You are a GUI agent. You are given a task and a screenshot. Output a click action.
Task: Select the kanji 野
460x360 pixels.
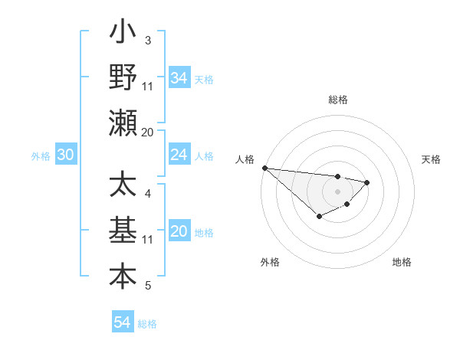123,77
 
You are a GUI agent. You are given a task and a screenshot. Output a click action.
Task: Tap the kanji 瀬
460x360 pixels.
123,123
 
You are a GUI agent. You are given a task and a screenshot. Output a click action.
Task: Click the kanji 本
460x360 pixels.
123,277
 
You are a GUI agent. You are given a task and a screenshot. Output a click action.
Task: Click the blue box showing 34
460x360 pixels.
179,78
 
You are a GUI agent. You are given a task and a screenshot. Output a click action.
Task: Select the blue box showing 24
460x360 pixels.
179,155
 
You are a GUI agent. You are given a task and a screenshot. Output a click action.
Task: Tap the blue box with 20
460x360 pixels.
179,231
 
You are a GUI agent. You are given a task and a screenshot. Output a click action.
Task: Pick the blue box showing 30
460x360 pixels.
65,155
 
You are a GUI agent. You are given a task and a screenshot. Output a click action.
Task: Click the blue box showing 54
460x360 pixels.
122,322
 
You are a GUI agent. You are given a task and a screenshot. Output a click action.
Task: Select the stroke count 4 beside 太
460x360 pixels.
148,194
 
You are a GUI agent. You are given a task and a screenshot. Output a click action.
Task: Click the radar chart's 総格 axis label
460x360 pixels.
337,100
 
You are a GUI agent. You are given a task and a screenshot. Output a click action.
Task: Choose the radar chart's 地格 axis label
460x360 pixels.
402,262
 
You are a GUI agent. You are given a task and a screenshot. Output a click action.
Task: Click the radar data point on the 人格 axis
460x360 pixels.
264,168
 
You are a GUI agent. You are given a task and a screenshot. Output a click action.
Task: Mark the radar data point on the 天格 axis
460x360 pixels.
367,182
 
